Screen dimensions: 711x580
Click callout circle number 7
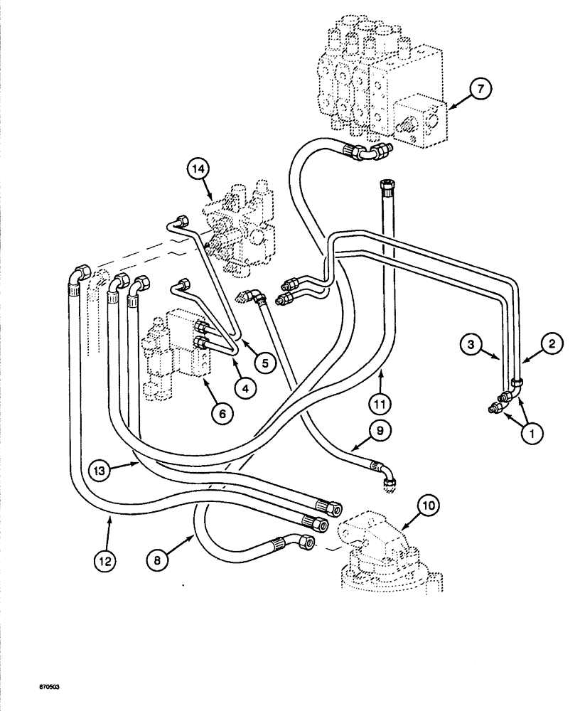(x=480, y=89)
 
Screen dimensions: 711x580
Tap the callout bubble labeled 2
(x=554, y=343)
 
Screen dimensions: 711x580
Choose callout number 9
(x=378, y=430)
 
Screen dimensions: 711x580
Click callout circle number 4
(x=244, y=388)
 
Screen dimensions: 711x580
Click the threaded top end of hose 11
(x=387, y=187)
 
